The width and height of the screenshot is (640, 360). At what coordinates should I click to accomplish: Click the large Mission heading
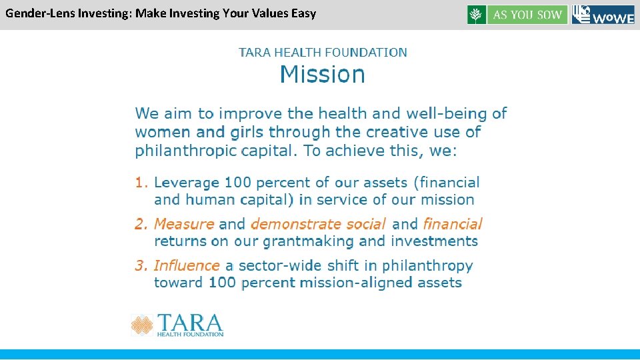pyautogui.click(x=323, y=75)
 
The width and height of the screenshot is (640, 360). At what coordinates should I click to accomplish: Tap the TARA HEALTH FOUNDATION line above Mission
pyautogui.click(x=323, y=52)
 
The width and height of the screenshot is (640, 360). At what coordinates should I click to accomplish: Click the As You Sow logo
pyautogui.click(x=517, y=15)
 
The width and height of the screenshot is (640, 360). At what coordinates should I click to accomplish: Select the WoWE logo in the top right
pyautogui.click(x=603, y=15)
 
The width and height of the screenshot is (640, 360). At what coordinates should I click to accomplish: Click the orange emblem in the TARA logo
pyautogui.click(x=142, y=325)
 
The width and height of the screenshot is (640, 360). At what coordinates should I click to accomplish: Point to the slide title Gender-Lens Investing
pyautogui.click(x=161, y=13)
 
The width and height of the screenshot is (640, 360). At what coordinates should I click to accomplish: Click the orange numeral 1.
pyautogui.click(x=141, y=182)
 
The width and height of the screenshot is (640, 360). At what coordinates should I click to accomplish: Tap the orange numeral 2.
pyautogui.click(x=141, y=224)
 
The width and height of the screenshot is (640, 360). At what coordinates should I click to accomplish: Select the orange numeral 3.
pyautogui.click(x=141, y=265)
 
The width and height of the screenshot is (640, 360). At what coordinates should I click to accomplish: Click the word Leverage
pyautogui.click(x=187, y=182)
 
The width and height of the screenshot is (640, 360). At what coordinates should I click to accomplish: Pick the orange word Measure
pyautogui.click(x=184, y=224)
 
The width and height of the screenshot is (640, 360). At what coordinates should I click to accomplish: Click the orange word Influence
pyautogui.click(x=187, y=265)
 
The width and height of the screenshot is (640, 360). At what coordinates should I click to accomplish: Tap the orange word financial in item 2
pyautogui.click(x=453, y=224)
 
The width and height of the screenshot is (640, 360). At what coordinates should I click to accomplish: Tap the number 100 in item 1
pyautogui.click(x=238, y=182)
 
